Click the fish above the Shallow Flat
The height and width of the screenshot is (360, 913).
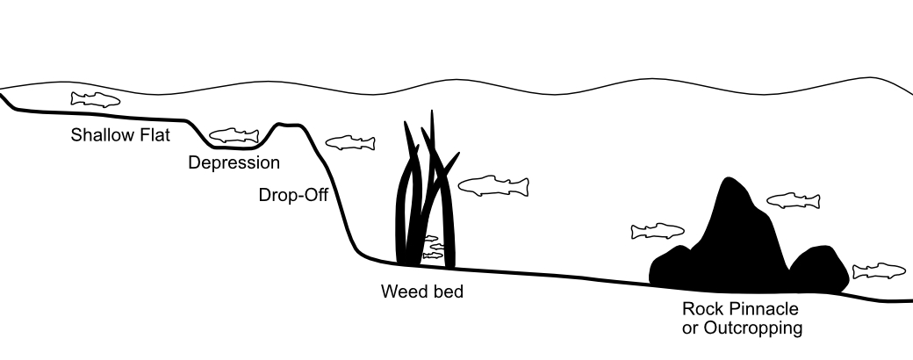[x=96, y=99]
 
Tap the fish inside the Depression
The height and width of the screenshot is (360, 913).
[x=234, y=135]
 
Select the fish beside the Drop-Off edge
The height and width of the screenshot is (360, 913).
[x=350, y=142]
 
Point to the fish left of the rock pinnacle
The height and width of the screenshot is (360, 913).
[x=657, y=231]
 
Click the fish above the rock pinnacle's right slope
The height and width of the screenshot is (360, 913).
[x=794, y=201]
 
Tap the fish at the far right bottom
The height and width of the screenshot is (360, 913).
[x=879, y=270]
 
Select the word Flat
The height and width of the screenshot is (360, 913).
[x=155, y=136]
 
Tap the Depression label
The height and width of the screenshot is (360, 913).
[x=234, y=162]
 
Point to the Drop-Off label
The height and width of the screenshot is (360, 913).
[x=293, y=195]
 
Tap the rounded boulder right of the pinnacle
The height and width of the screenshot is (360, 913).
[x=819, y=269]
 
